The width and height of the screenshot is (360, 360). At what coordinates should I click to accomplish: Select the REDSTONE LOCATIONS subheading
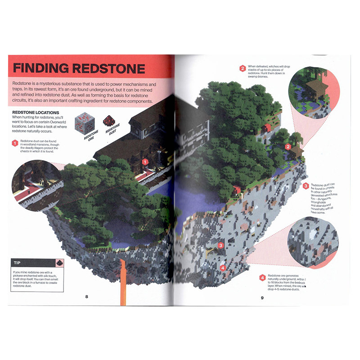(37, 112)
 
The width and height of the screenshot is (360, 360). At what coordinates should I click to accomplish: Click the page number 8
(86, 296)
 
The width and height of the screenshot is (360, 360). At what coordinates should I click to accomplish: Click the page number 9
(262, 297)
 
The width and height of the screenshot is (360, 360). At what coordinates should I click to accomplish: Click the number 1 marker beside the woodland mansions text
(15, 144)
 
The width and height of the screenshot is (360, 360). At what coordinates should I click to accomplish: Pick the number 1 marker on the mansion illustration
(145, 161)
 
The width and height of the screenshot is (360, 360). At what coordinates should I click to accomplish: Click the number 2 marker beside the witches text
(243, 68)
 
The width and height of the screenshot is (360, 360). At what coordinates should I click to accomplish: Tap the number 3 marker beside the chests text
(306, 186)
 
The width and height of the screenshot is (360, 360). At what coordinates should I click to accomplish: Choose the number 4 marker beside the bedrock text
(262, 278)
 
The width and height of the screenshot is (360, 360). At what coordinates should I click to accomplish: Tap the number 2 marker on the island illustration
(288, 146)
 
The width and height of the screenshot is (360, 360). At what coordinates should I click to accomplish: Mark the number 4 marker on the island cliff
(223, 267)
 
